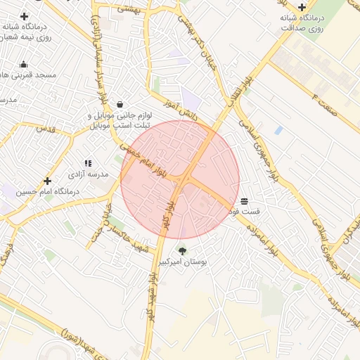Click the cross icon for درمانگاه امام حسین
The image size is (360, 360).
pyautogui.click(x=47, y=181)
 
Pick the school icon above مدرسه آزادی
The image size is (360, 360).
pyautogui.click(x=88, y=162)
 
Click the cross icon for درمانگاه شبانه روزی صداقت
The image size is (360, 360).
pyautogui.click(x=302, y=6)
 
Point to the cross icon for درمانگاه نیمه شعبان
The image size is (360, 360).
pyautogui.click(x=25, y=16)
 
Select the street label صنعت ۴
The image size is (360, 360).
pyautogui.click(x=325, y=103)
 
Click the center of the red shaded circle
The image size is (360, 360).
pyautogui.click(x=180, y=179)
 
